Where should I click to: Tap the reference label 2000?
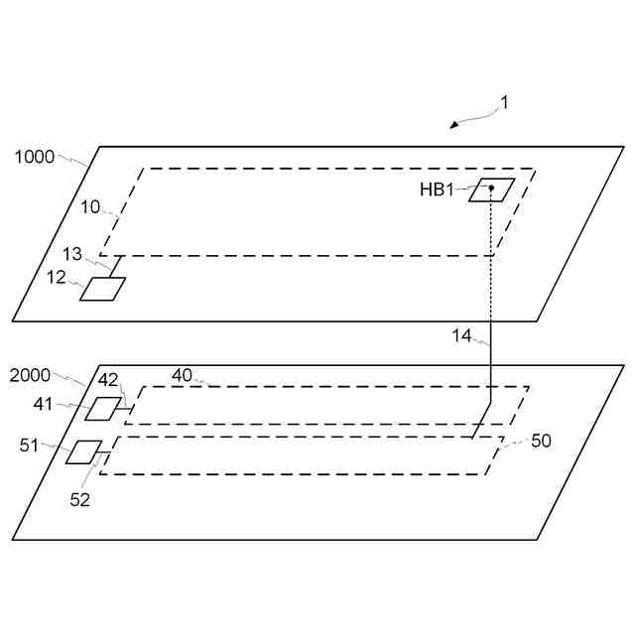[x=30, y=376]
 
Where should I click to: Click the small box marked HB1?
[x=492, y=190]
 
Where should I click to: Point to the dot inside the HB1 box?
[x=491, y=188]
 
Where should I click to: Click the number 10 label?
[x=90, y=207]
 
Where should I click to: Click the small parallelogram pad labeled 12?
[x=103, y=289]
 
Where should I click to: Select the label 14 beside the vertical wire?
[x=462, y=335]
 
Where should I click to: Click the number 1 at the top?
[x=504, y=102]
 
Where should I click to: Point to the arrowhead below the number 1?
[x=454, y=125]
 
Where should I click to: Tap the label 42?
[x=108, y=379]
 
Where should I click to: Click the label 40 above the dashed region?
[x=182, y=375]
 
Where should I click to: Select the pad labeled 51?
[x=85, y=451]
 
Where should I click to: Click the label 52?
[x=79, y=500]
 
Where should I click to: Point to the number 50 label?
[x=541, y=441]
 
